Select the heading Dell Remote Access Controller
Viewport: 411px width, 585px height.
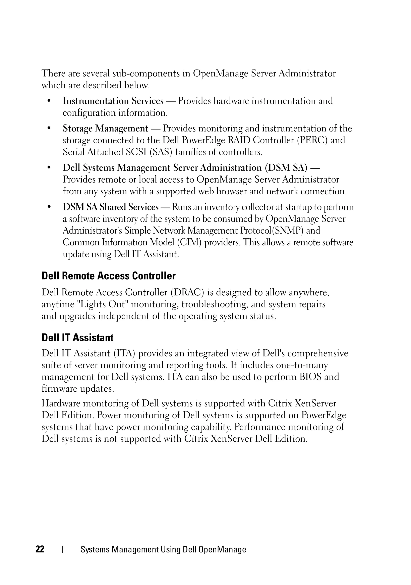click(109, 276)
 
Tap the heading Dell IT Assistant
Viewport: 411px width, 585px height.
click(77, 338)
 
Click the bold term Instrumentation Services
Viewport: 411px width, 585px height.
click(113, 101)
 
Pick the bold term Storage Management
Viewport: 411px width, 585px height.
click(105, 128)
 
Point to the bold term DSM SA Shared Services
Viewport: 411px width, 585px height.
click(111, 207)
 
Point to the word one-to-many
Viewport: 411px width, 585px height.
click(302, 365)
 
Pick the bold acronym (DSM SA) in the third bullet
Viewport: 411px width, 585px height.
click(286, 168)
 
